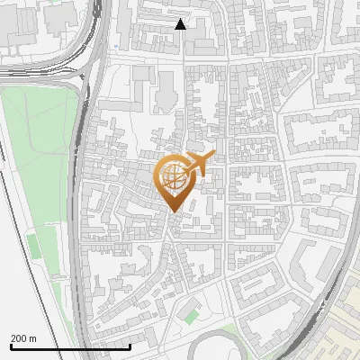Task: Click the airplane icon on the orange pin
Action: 199,164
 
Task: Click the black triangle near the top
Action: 181,25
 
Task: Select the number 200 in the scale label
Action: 18,338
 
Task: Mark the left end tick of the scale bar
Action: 11,345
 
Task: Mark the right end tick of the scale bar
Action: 130,345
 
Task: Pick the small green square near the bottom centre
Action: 190,316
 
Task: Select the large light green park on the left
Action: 36,162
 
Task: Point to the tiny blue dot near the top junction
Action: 116,43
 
